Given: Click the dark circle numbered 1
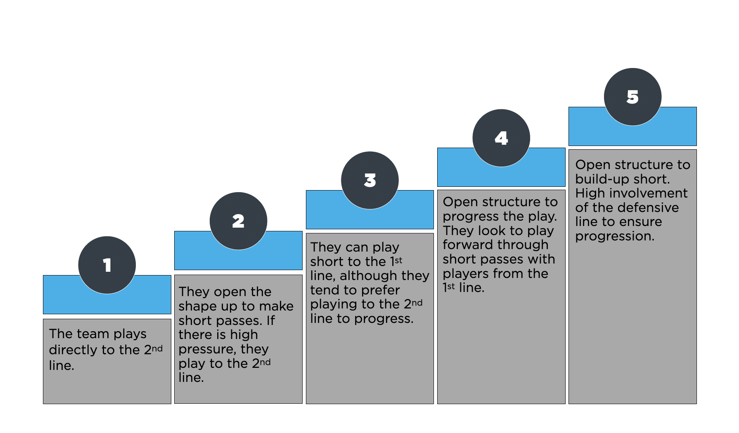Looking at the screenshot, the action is [107, 265].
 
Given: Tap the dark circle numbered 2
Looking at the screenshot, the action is [238, 221].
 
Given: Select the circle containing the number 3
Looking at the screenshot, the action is [370, 180].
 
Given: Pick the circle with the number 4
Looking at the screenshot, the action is [501, 138].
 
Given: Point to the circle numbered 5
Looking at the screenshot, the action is [632, 97].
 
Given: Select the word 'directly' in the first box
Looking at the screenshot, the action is [73, 350].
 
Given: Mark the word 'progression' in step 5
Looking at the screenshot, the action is [615, 237].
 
